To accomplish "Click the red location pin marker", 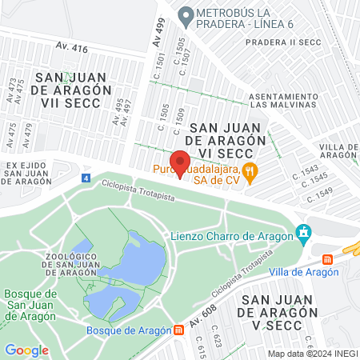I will [x=181, y=162].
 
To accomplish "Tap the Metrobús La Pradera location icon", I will [x=186, y=14].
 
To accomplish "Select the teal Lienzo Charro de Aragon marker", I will [x=302, y=234].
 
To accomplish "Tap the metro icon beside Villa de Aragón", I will [x=327, y=260].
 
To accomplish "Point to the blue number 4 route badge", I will [x=86, y=178].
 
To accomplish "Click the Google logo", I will [x=26, y=350].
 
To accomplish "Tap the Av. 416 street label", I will [x=73, y=49].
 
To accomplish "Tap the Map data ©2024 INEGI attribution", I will [x=311, y=353].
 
